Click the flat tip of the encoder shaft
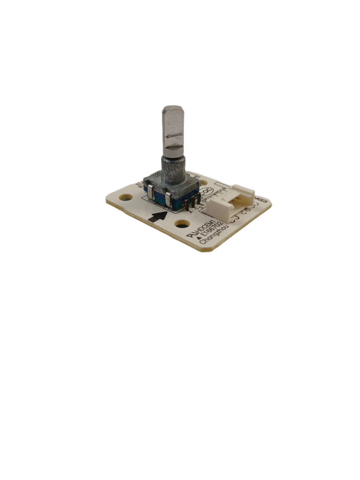point(172,111)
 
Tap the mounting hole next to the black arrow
point(182,224)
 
